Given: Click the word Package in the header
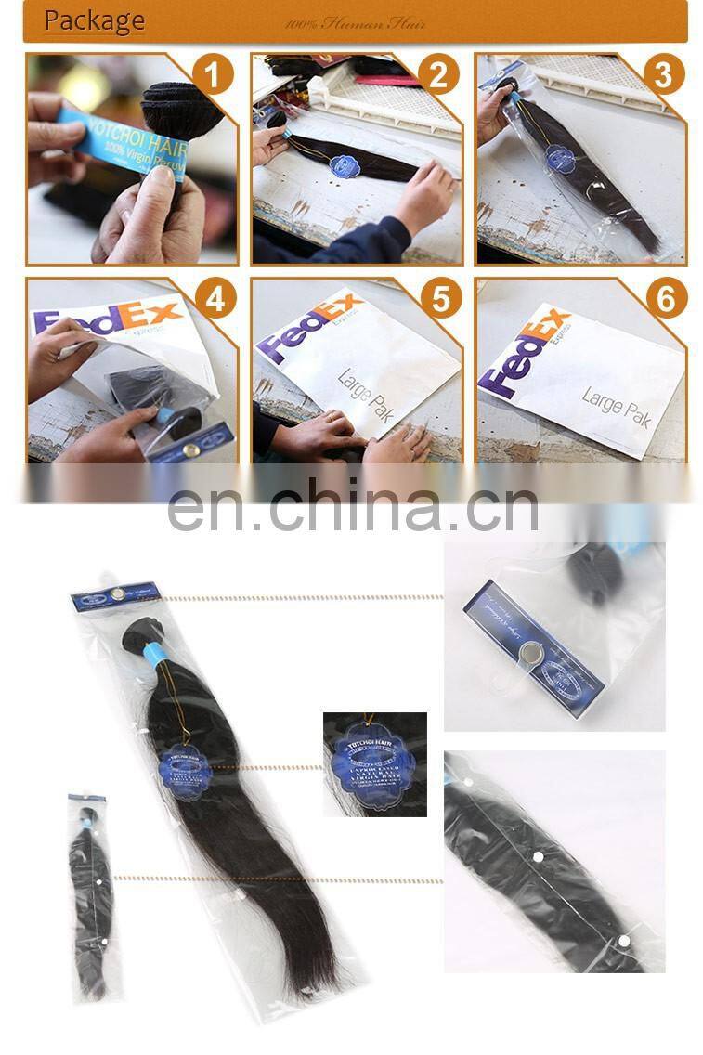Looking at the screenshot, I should (x=94, y=20).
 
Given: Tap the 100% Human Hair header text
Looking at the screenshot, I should (x=355, y=23).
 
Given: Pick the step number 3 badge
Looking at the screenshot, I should (x=663, y=75).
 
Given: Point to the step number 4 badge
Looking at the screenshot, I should (x=215, y=299).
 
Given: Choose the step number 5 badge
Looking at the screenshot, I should (x=439, y=299).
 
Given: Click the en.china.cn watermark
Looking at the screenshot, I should (x=352, y=508).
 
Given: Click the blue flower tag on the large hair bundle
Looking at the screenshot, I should (x=186, y=767).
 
